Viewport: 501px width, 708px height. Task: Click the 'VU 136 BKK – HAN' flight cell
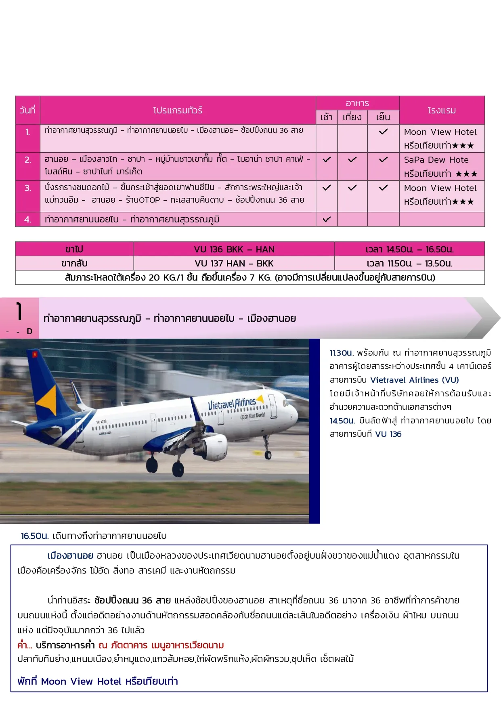coord(234,249)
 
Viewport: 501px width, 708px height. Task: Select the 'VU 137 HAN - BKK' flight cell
coord(234,263)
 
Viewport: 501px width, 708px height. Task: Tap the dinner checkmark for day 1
coord(383,132)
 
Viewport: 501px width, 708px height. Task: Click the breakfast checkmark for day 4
coord(327,219)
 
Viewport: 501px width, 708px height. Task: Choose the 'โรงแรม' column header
coord(442,110)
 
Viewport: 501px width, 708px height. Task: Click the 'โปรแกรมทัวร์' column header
coord(178,110)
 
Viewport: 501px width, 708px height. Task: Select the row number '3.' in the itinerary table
coord(27,188)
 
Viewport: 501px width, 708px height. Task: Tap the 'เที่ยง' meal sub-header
coord(352,117)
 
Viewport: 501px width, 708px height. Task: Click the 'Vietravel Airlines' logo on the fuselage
coord(232,403)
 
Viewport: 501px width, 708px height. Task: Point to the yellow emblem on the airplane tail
coord(48,400)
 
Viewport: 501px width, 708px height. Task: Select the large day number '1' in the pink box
coord(19,312)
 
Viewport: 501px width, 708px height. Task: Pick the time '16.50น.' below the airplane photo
coord(35,536)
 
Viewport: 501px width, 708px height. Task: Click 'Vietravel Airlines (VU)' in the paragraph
coord(415,380)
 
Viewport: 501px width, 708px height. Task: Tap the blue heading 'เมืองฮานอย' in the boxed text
coord(70,555)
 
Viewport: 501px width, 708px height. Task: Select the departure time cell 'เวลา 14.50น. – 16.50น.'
coord(409,249)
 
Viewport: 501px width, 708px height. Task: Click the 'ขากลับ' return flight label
coord(74,263)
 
